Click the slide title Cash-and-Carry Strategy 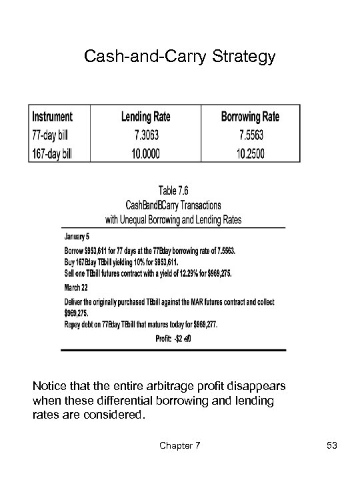pyautogui.click(x=179, y=57)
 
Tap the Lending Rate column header pyautogui.click(x=145, y=117)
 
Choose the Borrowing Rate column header pyautogui.click(x=250, y=117)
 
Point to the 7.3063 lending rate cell pyautogui.click(x=145, y=135)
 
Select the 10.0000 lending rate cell pyautogui.click(x=145, y=154)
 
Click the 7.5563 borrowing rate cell pyautogui.click(x=250, y=135)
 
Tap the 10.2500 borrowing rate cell pyautogui.click(x=250, y=154)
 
